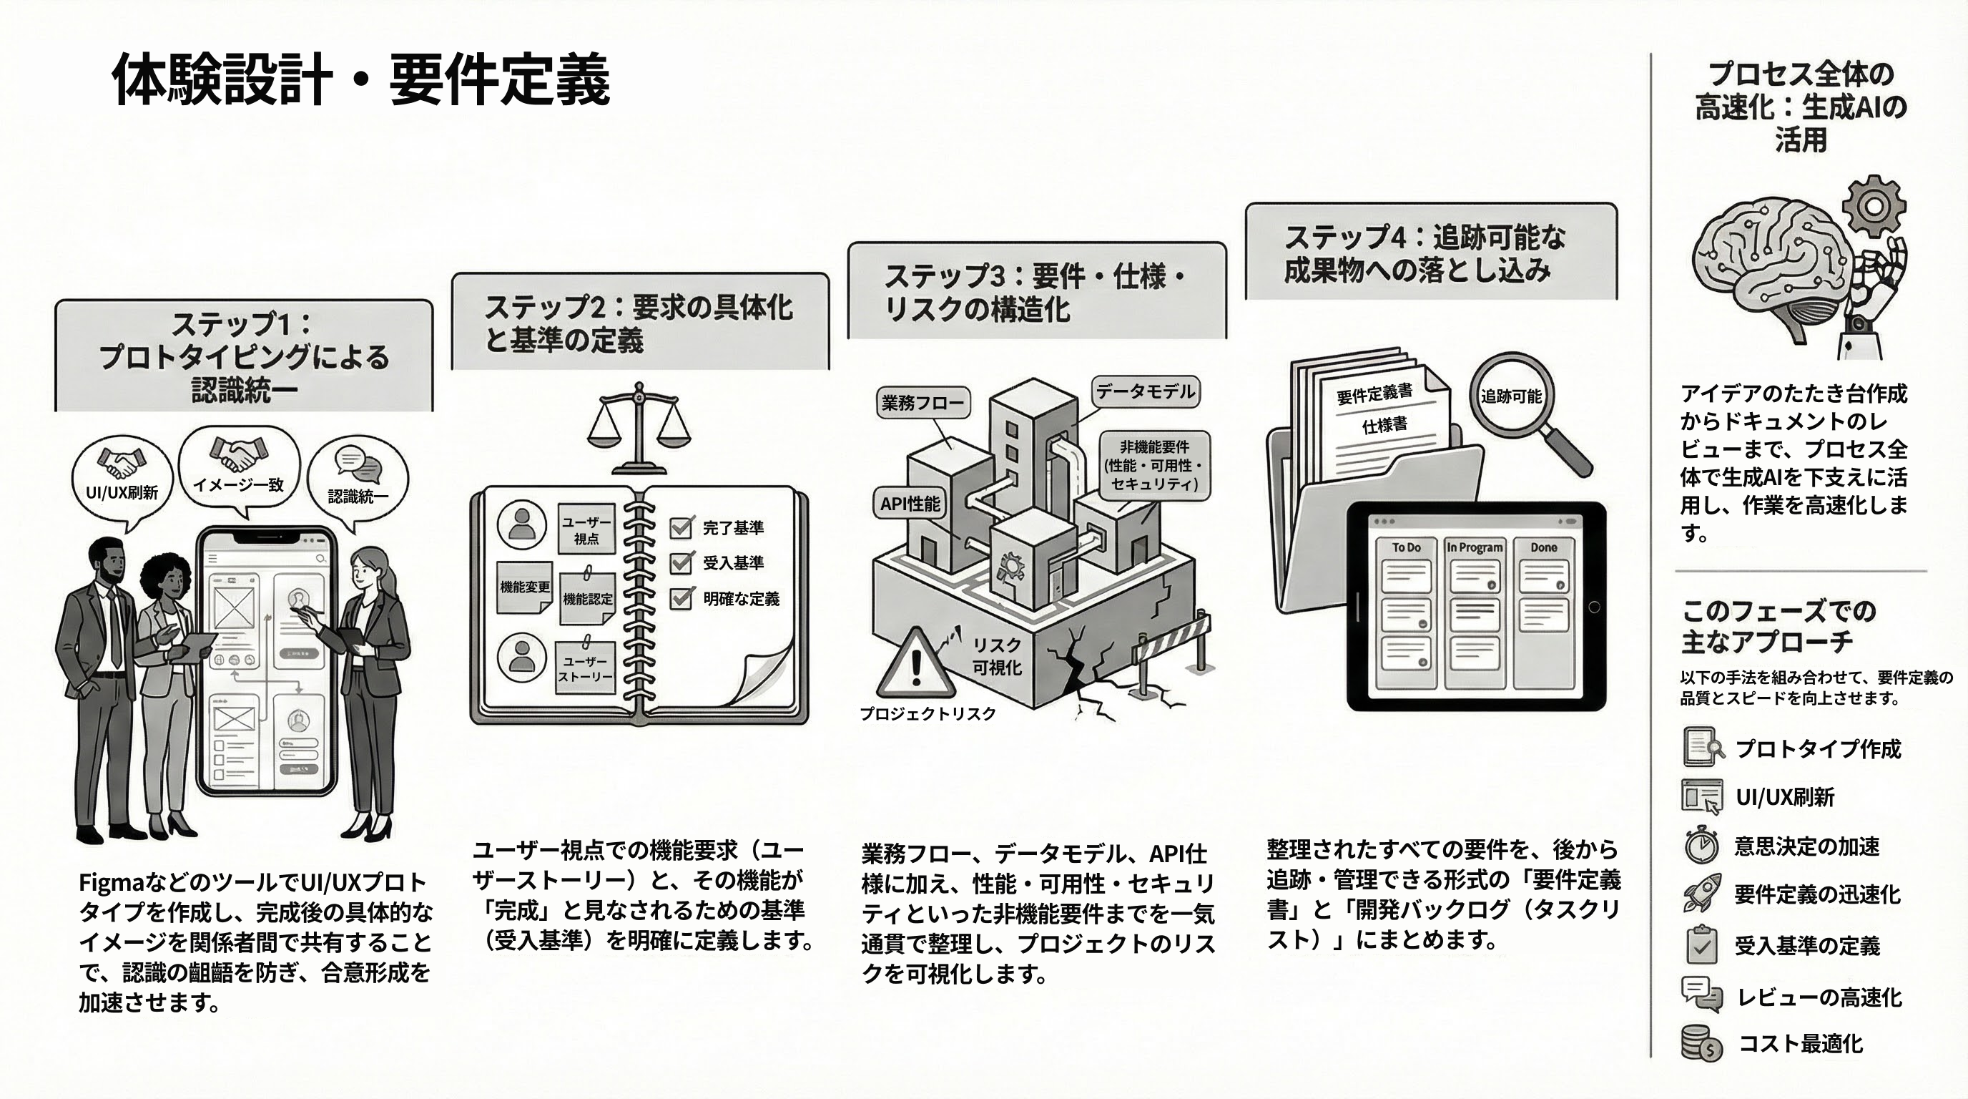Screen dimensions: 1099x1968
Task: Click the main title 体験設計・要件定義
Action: [x=360, y=79]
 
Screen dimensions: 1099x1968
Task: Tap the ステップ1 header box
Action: [x=244, y=356]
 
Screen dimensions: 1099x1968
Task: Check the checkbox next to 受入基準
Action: [x=681, y=563]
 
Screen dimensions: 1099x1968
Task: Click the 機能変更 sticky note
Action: [x=524, y=587]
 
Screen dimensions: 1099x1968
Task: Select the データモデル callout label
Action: [x=1145, y=392]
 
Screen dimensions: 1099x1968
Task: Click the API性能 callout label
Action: [x=909, y=504]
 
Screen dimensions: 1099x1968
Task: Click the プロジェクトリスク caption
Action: [x=928, y=714]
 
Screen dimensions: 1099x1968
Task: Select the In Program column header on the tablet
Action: [x=1474, y=547]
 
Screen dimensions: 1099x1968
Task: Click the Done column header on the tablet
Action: [x=1543, y=547]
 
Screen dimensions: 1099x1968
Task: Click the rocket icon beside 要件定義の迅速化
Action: [x=1702, y=894]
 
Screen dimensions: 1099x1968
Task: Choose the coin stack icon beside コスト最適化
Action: [x=1702, y=1044]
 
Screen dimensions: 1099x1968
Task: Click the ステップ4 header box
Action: [x=1430, y=252]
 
